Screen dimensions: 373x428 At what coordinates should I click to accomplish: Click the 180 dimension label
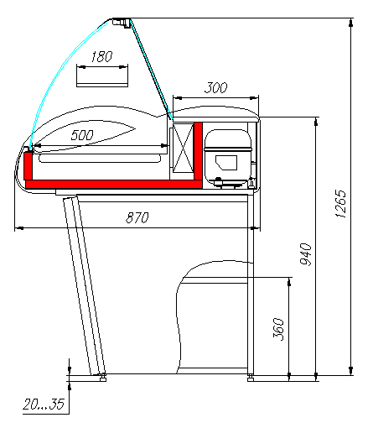(x=101, y=56)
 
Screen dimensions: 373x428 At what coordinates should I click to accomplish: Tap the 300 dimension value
(x=216, y=88)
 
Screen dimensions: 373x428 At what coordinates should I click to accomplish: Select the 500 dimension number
(x=82, y=135)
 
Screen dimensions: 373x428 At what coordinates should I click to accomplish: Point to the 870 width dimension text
(x=137, y=217)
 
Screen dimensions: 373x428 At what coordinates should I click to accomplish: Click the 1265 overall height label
(x=340, y=204)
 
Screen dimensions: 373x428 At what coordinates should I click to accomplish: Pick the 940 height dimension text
(x=306, y=254)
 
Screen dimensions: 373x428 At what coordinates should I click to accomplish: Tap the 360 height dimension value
(x=278, y=329)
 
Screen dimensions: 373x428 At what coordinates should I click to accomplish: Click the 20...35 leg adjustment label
(x=44, y=405)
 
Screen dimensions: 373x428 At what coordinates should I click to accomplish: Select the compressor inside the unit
(x=228, y=158)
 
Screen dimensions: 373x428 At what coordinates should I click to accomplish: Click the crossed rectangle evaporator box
(x=183, y=148)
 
